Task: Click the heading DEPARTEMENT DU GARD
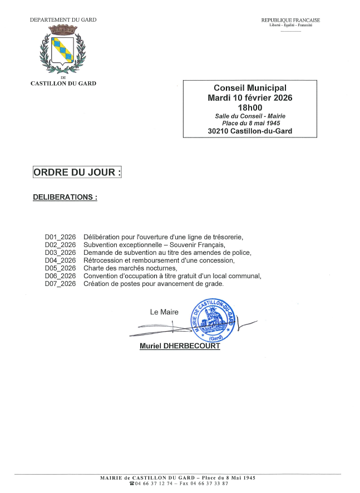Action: pyautogui.click(x=63, y=20)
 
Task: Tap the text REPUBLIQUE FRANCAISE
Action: pyautogui.click(x=290, y=21)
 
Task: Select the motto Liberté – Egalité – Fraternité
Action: pyautogui.click(x=290, y=26)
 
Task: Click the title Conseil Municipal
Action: pyautogui.click(x=250, y=88)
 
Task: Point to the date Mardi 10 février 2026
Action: pyautogui.click(x=250, y=97)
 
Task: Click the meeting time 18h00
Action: pyautogui.click(x=250, y=107)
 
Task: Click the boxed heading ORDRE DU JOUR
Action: pyautogui.click(x=77, y=172)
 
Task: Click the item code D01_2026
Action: pyautogui.click(x=60, y=237)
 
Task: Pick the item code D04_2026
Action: pyautogui.click(x=60, y=260)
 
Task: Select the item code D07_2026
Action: pyautogui.click(x=60, y=284)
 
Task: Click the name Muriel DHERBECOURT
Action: pyautogui.click(x=180, y=346)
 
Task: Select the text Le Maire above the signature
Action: pyautogui.click(x=164, y=312)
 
